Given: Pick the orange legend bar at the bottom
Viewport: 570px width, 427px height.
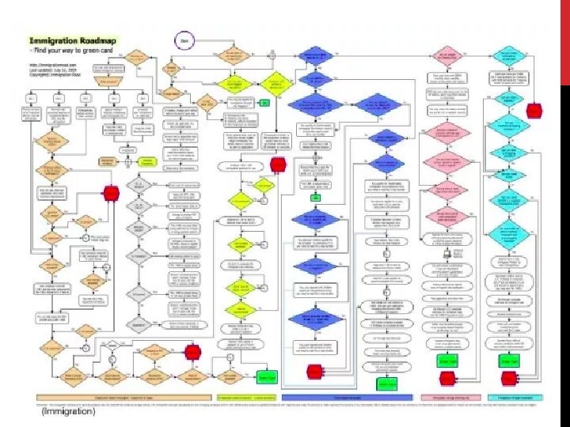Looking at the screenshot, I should pyautogui.click(x=108, y=398).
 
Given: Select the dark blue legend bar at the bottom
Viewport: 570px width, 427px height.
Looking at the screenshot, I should pyautogui.click(x=347, y=398).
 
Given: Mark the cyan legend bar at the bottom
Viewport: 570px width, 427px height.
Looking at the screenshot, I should pyautogui.click(x=513, y=398).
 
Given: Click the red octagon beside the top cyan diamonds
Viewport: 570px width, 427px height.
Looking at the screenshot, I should pyautogui.click(x=535, y=110).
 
